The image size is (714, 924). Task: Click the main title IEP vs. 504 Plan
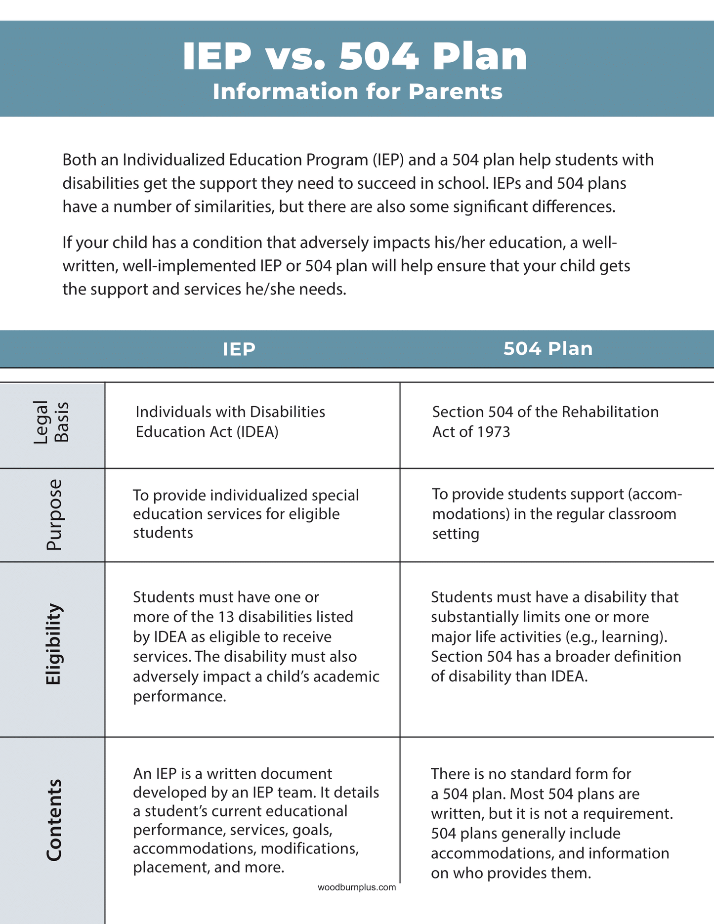pyautogui.click(x=355, y=56)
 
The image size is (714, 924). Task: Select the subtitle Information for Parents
pyautogui.click(x=357, y=92)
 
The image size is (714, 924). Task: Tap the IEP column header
pyautogui.click(x=239, y=349)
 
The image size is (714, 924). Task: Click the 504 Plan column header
pyautogui.click(x=547, y=349)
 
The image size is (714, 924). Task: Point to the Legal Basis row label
pyautogui.click(x=51, y=422)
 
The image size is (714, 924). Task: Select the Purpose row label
pyautogui.click(x=54, y=514)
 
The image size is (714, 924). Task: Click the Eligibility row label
pyautogui.click(x=53, y=644)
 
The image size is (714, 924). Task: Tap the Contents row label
pyautogui.click(x=53, y=820)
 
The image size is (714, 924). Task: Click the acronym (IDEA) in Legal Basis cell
pyautogui.click(x=257, y=432)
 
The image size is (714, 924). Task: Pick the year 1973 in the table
pyautogui.click(x=492, y=432)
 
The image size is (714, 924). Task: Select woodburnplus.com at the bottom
pyautogui.click(x=357, y=887)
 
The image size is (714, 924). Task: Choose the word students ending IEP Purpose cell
pyautogui.click(x=163, y=533)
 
